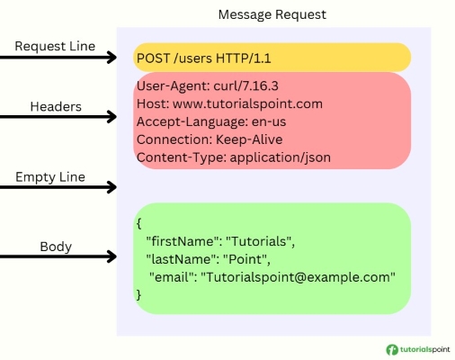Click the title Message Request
(273, 14)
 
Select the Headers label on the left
(57, 106)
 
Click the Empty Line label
(50, 176)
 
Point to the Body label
(56, 245)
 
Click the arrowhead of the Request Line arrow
(112, 58)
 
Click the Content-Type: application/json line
(234, 157)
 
